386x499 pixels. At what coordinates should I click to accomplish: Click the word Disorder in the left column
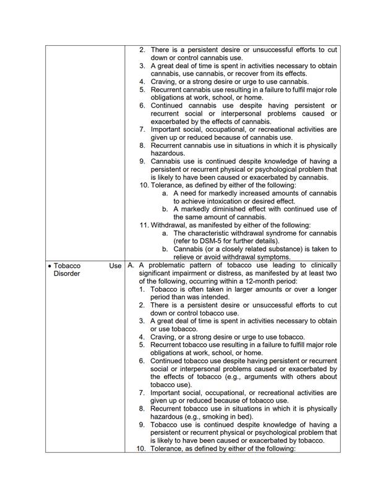click(68, 273)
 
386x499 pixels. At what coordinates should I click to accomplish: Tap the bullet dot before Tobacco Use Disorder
click(49, 266)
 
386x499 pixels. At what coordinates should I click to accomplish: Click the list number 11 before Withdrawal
click(144, 225)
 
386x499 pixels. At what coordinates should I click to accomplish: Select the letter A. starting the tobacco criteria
click(131, 265)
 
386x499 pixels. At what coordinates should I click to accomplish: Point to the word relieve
click(184, 257)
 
